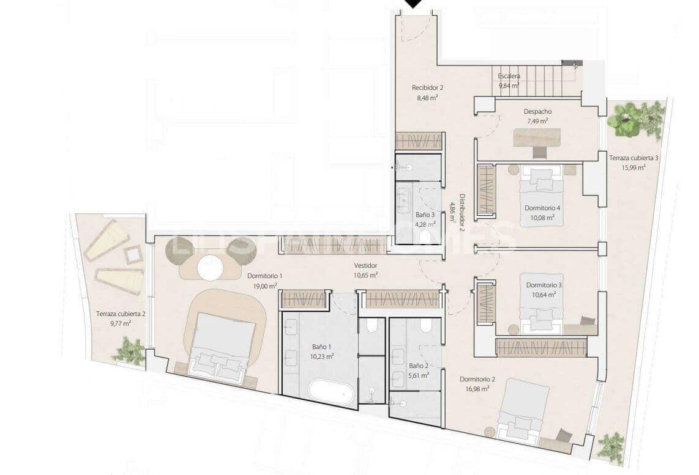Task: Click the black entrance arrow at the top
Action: point(414,4)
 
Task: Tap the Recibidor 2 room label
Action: point(427,87)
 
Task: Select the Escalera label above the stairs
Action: point(509,76)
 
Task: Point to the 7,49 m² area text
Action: point(539,121)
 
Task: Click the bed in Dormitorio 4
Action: point(539,184)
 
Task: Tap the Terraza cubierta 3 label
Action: point(634,158)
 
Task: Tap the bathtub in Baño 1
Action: point(331,393)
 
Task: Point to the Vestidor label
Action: point(365,265)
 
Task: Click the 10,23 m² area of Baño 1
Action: point(321,356)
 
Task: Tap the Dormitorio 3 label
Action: point(544,285)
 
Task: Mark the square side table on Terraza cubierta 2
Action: point(133,254)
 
